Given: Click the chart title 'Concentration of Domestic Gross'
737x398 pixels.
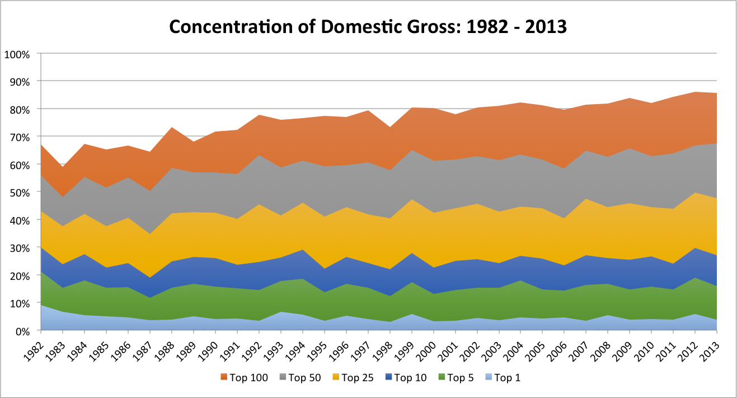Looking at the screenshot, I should click(368, 26).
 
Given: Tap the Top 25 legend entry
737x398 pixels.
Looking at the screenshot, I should click(354, 378).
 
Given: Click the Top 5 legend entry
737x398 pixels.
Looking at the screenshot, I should click(455, 378).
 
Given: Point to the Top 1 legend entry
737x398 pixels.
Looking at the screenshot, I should click(501, 378).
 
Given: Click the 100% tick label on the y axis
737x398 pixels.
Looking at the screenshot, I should click(20, 54).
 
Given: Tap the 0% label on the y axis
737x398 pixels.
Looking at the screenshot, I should click(25, 331).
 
